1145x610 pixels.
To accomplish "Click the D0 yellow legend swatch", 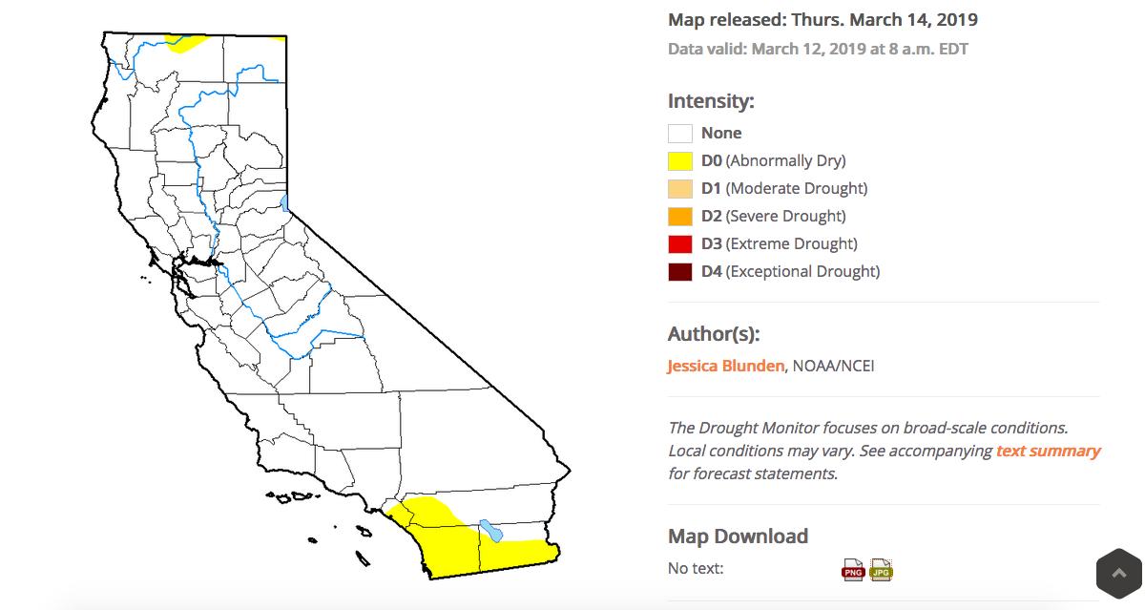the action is tap(679, 161).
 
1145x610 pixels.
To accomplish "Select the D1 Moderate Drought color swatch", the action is tap(679, 189).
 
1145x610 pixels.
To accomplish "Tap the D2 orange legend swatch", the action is tap(679, 217).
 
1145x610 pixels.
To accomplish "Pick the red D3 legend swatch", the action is tap(679, 243).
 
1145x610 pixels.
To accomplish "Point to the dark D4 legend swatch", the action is tap(679, 271).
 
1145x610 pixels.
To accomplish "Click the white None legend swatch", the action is tap(679, 134).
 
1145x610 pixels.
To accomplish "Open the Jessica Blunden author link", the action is tap(726, 367).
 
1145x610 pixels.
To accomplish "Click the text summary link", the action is tap(1048, 451).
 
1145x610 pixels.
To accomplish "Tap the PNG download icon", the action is tap(853, 570).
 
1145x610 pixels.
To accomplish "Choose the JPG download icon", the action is tap(882, 570).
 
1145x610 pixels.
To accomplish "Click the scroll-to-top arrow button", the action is tap(1119, 574).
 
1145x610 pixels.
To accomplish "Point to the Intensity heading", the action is tap(711, 101).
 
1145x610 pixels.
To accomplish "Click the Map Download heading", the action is tap(739, 536).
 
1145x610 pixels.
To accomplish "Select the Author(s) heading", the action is tap(714, 334).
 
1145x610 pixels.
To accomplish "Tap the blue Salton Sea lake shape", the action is tap(491, 531).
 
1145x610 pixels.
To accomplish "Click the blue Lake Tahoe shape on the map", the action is tap(284, 203).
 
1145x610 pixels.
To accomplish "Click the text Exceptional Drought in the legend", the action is tap(802, 271).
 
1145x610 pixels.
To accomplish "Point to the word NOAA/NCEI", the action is tap(833, 367).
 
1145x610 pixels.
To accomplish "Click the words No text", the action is tap(696, 569).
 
